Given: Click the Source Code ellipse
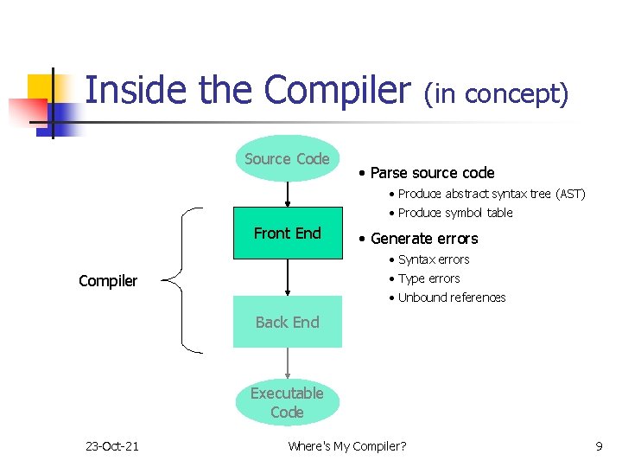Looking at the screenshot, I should [x=287, y=159].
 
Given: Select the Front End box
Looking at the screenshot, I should [x=287, y=233].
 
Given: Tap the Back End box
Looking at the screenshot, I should [x=287, y=323].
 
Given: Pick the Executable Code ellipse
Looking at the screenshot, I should [x=287, y=403].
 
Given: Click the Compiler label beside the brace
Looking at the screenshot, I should [x=108, y=281].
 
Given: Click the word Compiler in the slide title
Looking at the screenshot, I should [x=338, y=90].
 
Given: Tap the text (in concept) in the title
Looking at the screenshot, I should [x=496, y=93].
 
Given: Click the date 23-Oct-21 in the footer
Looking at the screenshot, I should [x=111, y=446].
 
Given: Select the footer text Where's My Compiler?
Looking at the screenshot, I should [x=346, y=446].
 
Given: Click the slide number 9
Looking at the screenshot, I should [x=599, y=446].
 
